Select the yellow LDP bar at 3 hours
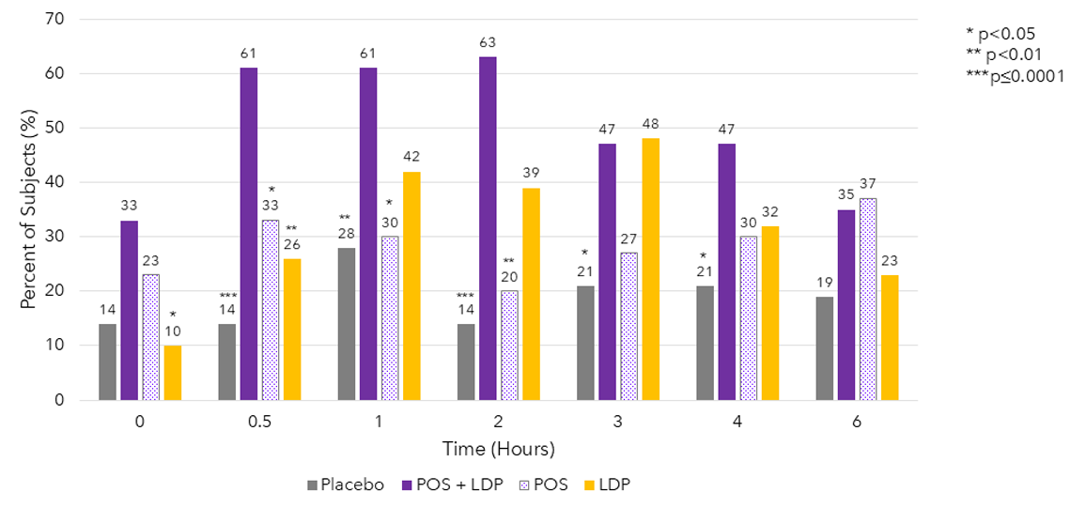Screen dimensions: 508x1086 click(650, 269)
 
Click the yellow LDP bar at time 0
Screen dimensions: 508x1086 click(173, 373)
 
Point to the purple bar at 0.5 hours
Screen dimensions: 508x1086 click(248, 234)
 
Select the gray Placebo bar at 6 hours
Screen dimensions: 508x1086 click(825, 348)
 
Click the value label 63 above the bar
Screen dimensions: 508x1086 click(488, 42)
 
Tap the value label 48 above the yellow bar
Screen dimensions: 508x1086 click(650, 124)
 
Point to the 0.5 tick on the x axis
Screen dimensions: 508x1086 click(259, 422)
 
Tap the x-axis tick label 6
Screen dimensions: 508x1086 click(858, 422)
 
